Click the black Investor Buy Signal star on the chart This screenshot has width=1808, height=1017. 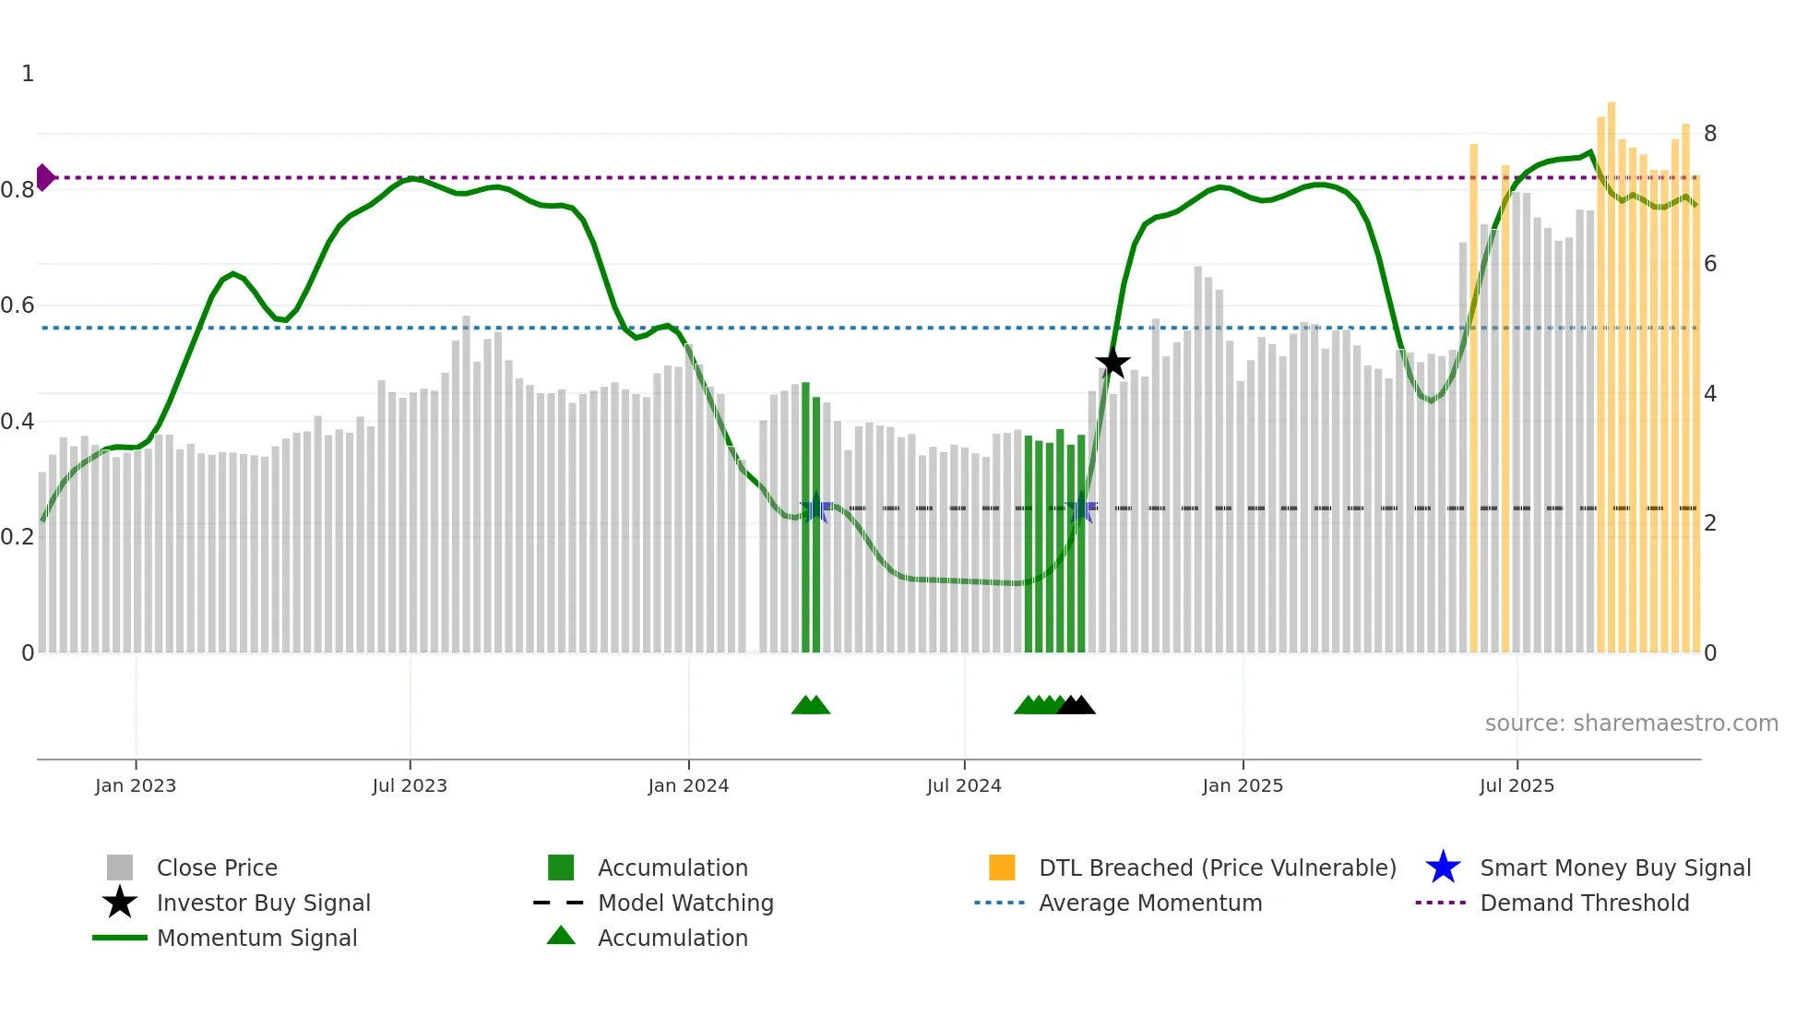(1113, 363)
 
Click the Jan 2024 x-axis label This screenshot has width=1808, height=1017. (688, 786)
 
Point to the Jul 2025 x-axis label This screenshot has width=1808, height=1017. (1517, 786)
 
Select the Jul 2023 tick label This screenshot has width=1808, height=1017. (410, 786)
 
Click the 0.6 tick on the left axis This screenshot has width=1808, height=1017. (18, 305)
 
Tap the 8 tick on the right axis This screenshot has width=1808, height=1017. (1710, 134)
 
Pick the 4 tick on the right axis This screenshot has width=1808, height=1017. (1710, 394)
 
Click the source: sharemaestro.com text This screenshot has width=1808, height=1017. (1631, 724)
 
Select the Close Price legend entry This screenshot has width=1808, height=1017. (217, 868)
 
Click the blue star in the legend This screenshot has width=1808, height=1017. (1443, 868)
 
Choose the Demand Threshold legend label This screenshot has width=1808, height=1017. (1584, 903)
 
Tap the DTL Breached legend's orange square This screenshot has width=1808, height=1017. (1002, 867)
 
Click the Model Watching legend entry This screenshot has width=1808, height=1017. (685, 903)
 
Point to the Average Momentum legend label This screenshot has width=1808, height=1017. (1149, 903)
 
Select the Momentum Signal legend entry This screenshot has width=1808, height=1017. (256, 939)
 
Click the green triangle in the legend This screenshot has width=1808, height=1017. (561, 936)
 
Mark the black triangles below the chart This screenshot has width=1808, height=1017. (1076, 706)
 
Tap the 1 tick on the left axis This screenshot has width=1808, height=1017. (28, 74)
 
